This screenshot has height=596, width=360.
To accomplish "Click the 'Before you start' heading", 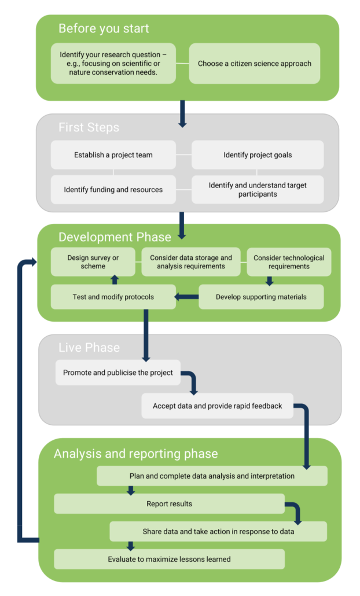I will (104, 29).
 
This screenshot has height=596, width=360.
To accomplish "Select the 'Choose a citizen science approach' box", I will (254, 64).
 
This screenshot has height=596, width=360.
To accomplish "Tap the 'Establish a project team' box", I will (113, 155).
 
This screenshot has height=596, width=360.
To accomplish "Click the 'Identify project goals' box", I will (258, 155).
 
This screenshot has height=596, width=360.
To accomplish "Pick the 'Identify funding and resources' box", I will (113, 189).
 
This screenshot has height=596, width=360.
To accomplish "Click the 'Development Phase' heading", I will (115, 237).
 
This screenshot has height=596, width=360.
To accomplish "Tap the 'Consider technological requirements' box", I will (289, 262).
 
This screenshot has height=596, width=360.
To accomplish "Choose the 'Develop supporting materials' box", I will (261, 297).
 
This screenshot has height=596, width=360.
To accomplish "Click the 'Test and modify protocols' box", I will (113, 297).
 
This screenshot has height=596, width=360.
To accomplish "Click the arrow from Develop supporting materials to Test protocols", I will (186, 297).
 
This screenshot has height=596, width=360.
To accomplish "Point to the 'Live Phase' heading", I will (89, 348).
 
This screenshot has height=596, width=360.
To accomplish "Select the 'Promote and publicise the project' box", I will (118, 373).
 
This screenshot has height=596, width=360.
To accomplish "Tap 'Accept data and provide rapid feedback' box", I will (217, 406).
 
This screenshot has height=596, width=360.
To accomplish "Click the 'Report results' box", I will (169, 504).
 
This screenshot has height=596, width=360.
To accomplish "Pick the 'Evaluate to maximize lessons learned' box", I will (169, 560).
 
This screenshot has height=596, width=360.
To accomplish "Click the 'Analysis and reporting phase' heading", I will (135, 454).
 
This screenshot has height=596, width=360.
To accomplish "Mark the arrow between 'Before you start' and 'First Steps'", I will (182, 113).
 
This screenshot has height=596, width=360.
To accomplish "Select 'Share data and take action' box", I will (218, 532).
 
